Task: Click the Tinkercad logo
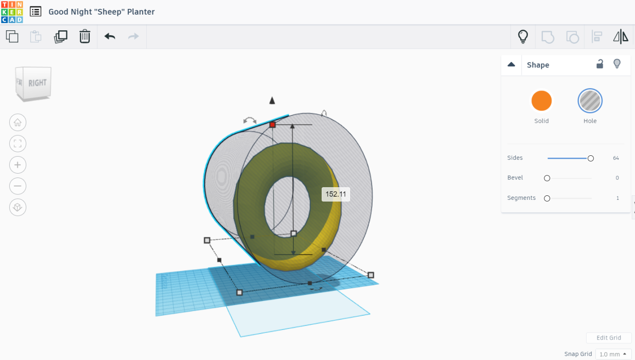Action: (12, 12)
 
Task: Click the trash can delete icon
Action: (85, 36)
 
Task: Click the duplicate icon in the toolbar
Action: (60, 36)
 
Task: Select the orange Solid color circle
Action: (542, 101)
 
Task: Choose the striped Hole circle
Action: (590, 101)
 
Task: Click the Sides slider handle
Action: (591, 158)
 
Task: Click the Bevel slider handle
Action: (547, 178)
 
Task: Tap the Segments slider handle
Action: (547, 198)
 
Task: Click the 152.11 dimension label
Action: (336, 194)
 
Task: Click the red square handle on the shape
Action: (273, 125)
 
